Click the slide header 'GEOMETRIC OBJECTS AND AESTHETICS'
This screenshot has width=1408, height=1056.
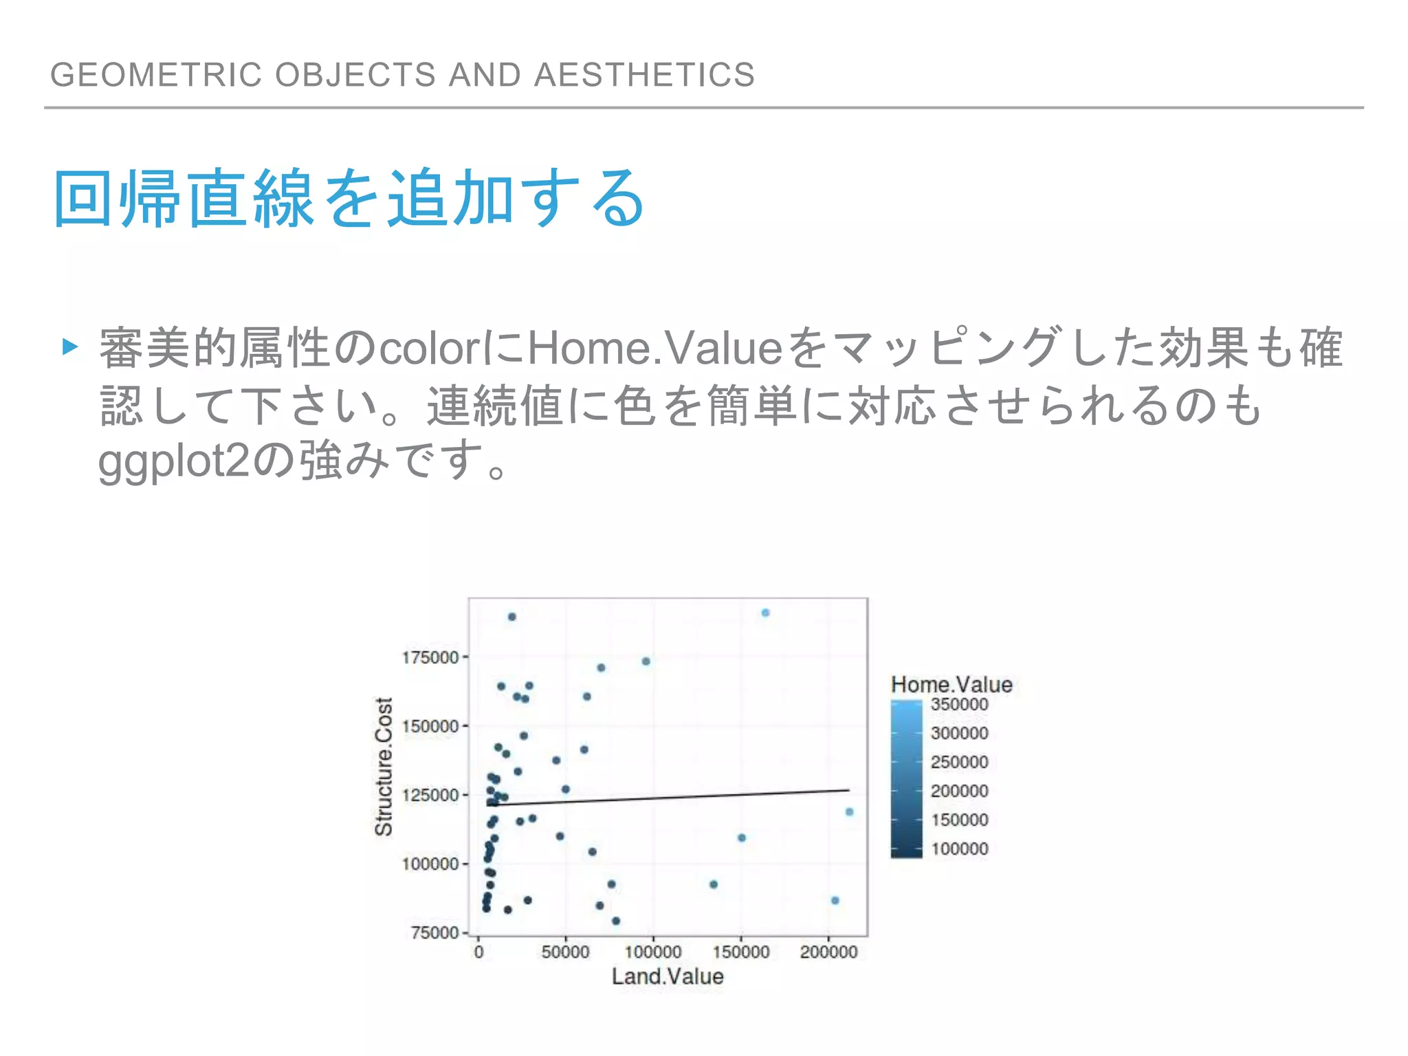(x=402, y=74)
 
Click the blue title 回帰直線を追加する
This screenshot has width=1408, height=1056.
(x=349, y=199)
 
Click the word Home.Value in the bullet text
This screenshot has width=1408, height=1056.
(x=654, y=347)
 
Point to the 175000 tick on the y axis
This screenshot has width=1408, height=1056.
(x=430, y=657)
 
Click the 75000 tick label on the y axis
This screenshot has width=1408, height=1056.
(x=434, y=932)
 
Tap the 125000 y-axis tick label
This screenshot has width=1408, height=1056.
(x=430, y=795)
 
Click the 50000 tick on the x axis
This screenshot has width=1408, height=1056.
(x=565, y=952)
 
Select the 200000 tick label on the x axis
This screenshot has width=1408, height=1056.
(x=828, y=952)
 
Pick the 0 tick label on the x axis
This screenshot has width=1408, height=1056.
(x=478, y=952)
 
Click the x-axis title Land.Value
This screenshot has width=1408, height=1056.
(x=667, y=976)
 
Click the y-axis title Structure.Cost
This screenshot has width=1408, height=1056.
(x=383, y=767)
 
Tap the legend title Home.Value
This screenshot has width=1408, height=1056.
(x=951, y=684)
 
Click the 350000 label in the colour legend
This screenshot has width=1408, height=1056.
(x=959, y=704)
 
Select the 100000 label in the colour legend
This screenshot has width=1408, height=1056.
(x=959, y=848)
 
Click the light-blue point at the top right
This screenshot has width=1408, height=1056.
(x=765, y=613)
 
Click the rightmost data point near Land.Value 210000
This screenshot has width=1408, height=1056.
(x=849, y=812)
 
